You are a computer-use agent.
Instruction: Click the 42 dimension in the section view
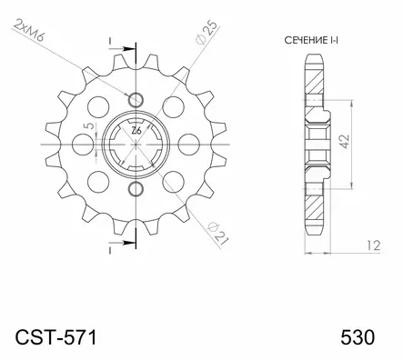click(342, 142)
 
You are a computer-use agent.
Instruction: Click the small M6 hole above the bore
click(136, 99)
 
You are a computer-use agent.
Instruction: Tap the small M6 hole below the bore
click(136, 189)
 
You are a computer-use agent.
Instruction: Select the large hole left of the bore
click(86, 145)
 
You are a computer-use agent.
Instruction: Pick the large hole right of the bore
click(187, 145)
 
